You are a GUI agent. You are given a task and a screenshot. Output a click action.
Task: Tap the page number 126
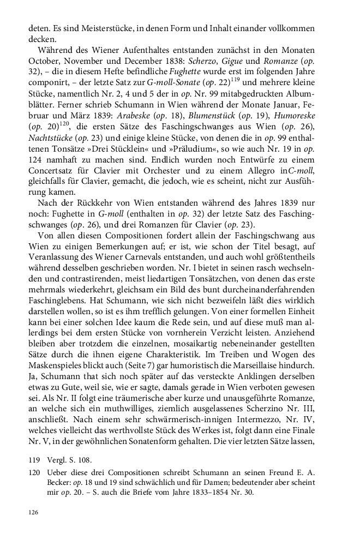(x=34, y=512)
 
